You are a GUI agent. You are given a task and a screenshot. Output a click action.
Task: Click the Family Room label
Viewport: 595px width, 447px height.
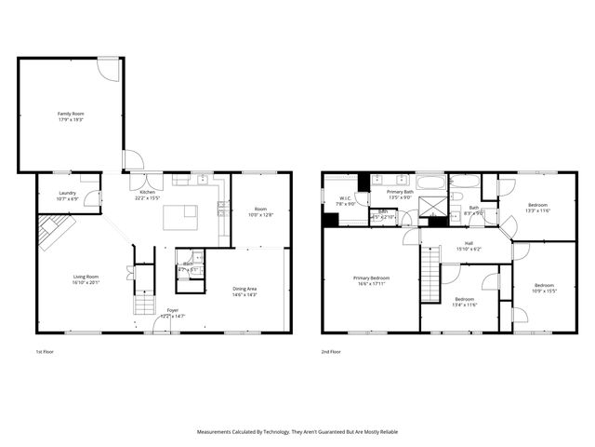coord(71,116)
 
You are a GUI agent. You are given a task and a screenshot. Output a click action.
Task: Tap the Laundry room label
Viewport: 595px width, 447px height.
coord(67,196)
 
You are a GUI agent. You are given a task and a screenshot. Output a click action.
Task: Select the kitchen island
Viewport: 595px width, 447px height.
coord(180,217)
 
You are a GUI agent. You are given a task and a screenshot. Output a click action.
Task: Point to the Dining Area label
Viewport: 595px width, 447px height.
coord(245,291)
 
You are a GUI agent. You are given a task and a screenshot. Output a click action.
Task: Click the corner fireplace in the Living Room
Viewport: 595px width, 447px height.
coord(53,232)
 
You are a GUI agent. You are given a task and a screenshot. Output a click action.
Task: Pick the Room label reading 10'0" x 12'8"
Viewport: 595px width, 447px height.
coord(260,211)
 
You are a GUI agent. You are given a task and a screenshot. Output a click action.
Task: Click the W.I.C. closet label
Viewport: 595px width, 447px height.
coord(344,200)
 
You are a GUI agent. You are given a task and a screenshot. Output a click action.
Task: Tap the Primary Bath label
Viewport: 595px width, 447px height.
coord(401,194)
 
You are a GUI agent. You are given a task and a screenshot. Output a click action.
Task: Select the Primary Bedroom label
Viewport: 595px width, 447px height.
coord(371,281)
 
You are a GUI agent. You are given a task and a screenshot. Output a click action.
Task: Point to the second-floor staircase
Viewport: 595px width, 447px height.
coord(430,277)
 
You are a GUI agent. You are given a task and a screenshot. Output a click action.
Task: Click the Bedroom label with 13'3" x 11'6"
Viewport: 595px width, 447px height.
coord(538,208)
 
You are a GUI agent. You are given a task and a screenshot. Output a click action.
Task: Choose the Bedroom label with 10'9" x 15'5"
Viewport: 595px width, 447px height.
coord(544,288)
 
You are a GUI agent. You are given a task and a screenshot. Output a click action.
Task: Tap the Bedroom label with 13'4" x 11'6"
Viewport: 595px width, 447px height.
coord(465,302)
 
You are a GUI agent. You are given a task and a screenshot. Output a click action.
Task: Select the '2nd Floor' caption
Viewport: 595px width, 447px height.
coord(331,352)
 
